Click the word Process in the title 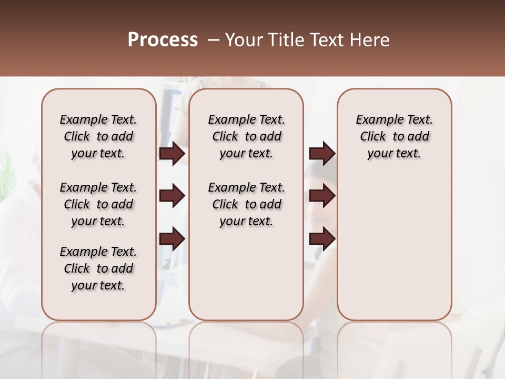point(163,40)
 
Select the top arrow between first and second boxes point(171,154)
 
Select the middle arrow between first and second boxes point(171,196)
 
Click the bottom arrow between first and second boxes point(171,239)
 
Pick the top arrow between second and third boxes point(322,154)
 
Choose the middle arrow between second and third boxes point(322,196)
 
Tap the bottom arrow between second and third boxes point(322,239)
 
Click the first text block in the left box point(98,136)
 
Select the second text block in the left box point(98,204)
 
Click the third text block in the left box point(98,268)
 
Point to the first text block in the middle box point(246,136)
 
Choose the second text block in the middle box point(246,204)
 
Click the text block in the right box point(394,136)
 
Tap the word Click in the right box point(373,137)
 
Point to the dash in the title point(214,40)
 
